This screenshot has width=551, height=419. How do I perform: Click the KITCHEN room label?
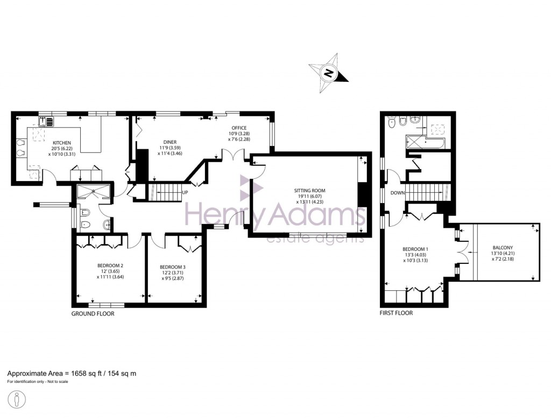point(62,143)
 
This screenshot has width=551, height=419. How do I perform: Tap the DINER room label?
point(170,142)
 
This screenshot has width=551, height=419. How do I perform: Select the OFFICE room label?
point(239,128)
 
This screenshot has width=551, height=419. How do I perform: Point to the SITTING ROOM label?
point(309,191)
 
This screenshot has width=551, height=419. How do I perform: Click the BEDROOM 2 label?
point(110,266)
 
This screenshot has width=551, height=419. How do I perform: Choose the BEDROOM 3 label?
point(172,267)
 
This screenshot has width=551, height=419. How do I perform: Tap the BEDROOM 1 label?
point(414,249)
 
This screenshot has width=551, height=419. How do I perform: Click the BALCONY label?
point(502,248)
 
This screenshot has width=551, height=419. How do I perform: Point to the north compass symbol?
point(328,72)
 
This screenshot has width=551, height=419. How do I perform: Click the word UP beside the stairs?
point(185,192)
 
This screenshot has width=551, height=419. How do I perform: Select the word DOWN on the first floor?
point(398,193)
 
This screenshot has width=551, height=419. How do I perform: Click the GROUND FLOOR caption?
point(93,313)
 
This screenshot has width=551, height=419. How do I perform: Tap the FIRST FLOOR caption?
point(396,313)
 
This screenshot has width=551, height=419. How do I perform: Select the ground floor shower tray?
point(94,192)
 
